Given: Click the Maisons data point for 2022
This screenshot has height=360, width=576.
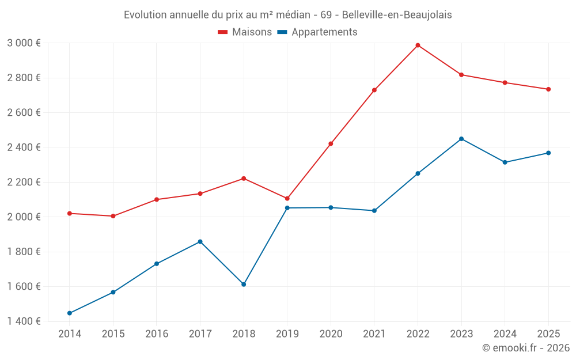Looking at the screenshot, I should [418, 45].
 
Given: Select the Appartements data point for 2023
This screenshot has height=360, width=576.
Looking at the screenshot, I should [461, 139].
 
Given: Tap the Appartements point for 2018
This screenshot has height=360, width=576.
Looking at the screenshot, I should [244, 285].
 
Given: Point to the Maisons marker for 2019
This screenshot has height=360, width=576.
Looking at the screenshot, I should [287, 199].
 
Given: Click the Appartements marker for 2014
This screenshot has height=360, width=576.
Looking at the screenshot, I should [70, 313].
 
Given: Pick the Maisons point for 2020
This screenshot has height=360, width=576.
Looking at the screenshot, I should [331, 143].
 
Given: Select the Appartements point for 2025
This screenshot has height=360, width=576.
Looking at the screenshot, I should [548, 153].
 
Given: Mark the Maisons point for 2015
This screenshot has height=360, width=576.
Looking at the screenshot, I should [113, 216].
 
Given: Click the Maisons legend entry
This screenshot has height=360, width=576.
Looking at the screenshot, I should [245, 32].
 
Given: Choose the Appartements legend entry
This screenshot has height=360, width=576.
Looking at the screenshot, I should [317, 32].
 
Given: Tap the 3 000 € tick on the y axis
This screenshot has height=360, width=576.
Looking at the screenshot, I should [24, 43].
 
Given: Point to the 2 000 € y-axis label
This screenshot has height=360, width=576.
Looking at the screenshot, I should [24, 217].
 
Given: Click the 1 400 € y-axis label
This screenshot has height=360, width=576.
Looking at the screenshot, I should [24, 321].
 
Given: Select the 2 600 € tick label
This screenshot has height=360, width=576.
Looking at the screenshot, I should [24, 112].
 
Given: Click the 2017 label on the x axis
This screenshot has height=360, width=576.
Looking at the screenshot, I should [200, 334].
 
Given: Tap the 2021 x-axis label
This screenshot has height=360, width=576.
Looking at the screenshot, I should [374, 334].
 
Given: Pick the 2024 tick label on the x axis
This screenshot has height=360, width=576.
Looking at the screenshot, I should [505, 334].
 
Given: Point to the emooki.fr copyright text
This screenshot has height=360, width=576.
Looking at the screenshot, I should [525, 348].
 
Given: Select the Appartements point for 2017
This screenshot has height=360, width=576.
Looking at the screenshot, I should [200, 241].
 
